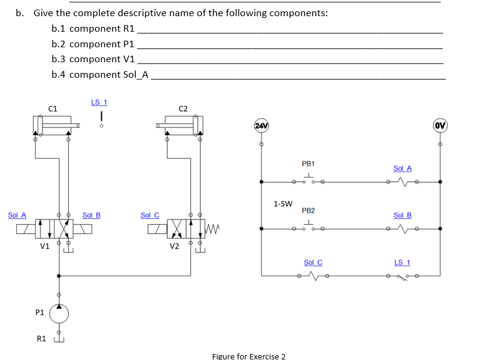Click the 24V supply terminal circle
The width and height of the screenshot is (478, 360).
(261, 126)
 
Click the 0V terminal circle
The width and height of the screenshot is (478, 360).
(440, 126)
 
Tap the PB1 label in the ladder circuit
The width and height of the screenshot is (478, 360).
(308, 163)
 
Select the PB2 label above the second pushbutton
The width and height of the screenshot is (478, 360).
(308, 210)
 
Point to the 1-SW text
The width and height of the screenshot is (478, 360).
(282, 203)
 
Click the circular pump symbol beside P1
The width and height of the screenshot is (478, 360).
(59, 313)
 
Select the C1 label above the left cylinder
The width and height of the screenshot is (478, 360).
(53, 108)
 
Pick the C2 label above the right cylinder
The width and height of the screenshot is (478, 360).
(183, 108)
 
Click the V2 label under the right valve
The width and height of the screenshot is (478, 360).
(174, 246)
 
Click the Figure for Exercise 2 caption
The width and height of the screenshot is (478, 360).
(249, 356)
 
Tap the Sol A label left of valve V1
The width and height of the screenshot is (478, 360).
(17, 215)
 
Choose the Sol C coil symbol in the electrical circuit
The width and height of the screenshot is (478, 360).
(312, 276)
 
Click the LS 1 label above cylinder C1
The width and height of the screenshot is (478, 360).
(99, 102)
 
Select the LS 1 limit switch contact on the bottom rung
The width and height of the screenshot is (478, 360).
(402, 276)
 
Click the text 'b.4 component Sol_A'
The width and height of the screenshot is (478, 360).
(101, 75)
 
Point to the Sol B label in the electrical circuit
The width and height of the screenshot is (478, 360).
(402, 215)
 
